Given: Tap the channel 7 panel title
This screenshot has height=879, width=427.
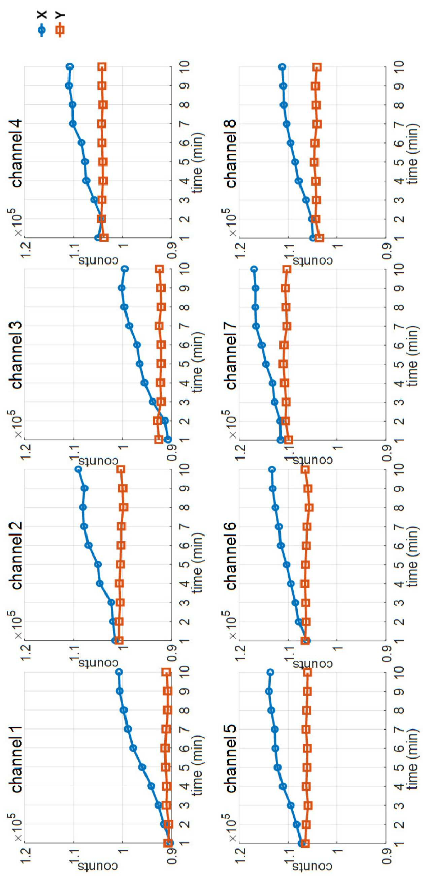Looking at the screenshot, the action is [x=231, y=355].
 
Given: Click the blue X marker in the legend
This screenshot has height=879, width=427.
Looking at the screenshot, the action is [x=42, y=30].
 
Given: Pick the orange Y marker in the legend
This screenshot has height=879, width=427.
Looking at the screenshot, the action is [x=60, y=30].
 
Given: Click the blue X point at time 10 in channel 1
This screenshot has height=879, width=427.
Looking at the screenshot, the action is [x=119, y=672].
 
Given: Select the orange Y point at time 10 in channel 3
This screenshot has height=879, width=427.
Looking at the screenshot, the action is [x=159, y=269].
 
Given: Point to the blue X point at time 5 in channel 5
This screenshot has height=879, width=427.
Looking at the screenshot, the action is [x=277, y=767].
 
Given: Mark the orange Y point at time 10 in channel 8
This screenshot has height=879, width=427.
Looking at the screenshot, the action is [x=317, y=67].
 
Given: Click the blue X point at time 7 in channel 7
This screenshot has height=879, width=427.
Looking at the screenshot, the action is [x=256, y=326].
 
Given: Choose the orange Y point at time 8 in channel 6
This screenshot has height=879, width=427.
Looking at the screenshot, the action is [x=309, y=507].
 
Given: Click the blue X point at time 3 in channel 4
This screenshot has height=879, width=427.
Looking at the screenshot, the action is [x=94, y=200].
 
